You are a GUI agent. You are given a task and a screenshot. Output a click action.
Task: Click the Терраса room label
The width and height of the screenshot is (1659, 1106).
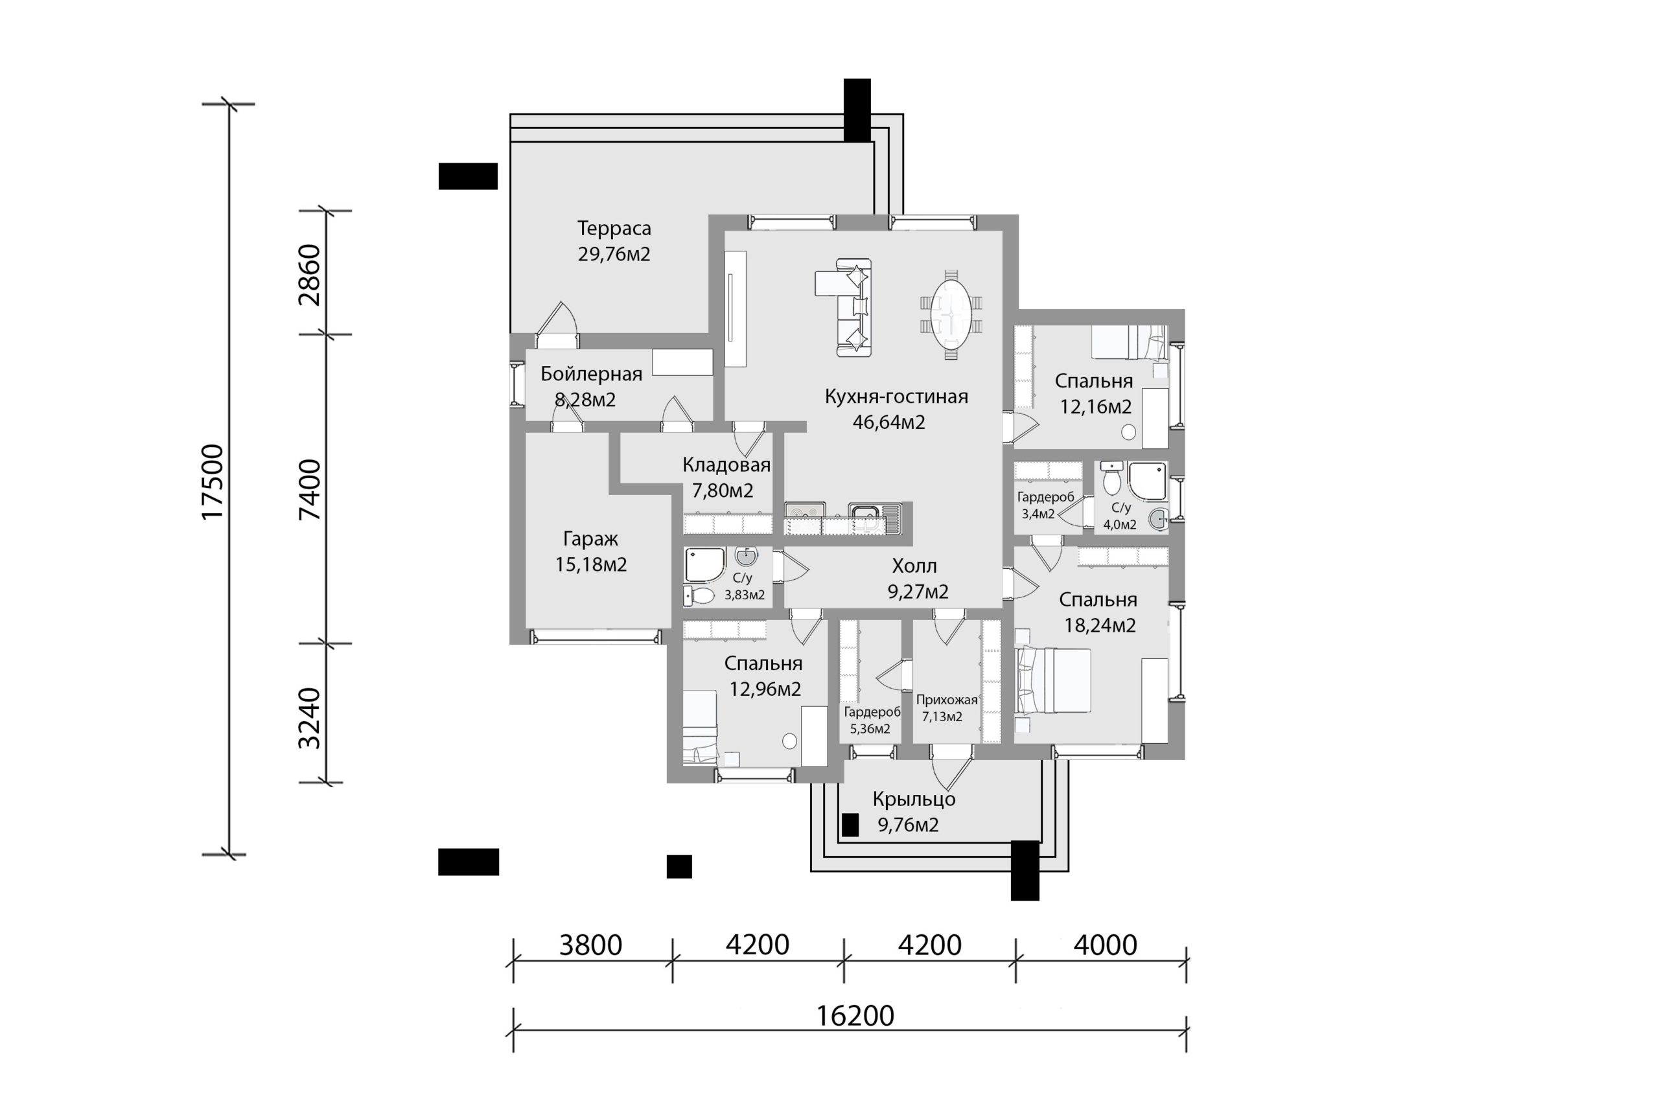pyautogui.click(x=614, y=229)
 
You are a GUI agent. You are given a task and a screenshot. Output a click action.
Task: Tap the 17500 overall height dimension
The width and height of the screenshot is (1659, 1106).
pyautogui.click(x=213, y=483)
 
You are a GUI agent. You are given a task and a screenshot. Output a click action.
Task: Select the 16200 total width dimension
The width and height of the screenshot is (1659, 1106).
pyautogui.click(x=855, y=1017)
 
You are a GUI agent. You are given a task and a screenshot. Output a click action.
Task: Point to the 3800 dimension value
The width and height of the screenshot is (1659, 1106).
pyautogui.click(x=590, y=945)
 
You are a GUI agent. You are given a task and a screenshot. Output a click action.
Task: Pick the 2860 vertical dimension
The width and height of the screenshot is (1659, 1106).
pyautogui.click(x=310, y=275)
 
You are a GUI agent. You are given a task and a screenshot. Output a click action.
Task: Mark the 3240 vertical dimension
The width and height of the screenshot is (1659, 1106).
pyautogui.click(x=310, y=719)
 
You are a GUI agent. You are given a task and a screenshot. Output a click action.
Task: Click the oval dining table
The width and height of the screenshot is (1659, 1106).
pyautogui.click(x=951, y=320)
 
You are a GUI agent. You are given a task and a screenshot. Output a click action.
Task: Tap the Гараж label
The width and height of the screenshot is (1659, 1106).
pyautogui.click(x=590, y=539)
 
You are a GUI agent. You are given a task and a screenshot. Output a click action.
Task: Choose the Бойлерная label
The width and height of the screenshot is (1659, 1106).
pyautogui.click(x=591, y=374)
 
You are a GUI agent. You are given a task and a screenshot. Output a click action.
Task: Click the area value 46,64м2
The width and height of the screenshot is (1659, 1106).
pyautogui.click(x=888, y=422)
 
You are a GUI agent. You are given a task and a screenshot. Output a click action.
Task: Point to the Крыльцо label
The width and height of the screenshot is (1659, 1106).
pyautogui.click(x=914, y=799)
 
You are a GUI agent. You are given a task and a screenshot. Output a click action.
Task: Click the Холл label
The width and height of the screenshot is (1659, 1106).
pyautogui.click(x=914, y=566)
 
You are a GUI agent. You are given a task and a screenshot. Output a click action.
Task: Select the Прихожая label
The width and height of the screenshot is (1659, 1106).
pyautogui.click(x=947, y=700)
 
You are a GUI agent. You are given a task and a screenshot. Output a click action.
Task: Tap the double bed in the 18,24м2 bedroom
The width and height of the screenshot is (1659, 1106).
pyautogui.click(x=1052, y=682)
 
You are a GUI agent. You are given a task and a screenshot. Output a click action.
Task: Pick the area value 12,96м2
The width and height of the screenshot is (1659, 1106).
pyautogui.click(x=765, y=689)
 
